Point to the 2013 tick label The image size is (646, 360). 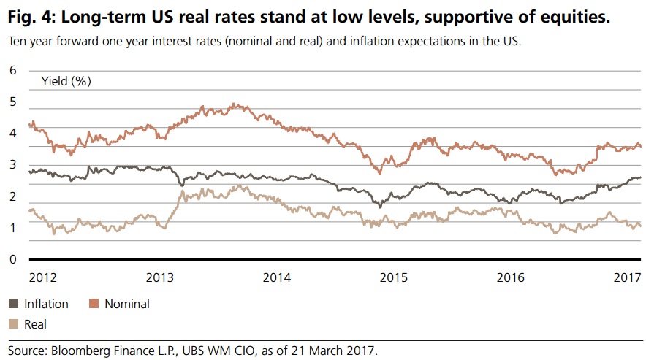point(160,277)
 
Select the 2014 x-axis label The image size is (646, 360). point(277,277)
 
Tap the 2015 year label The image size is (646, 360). point(394,277)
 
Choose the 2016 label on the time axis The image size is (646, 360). point(511,277)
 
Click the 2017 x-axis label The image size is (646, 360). point(627,277)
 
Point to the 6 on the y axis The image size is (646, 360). point(12,70)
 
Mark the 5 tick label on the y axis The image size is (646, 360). point(12,102)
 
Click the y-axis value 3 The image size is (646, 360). point(12,165)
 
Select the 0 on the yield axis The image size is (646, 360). point(12,259)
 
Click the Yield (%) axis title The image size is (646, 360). point(66,81)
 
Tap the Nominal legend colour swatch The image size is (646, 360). point(94,304)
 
